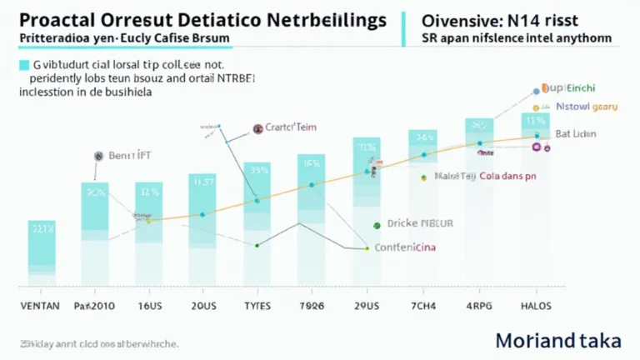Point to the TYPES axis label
pos(257,306)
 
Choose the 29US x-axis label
pos(367,306)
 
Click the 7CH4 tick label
pos(422,306)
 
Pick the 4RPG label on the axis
pos(478,306)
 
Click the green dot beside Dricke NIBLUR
pos(377,224)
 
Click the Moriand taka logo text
pos(558,341)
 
